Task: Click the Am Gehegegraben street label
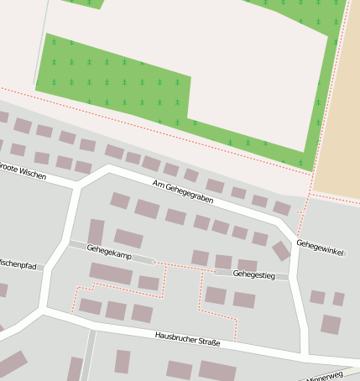tap(183, 192)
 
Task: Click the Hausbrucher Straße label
tap(187, 338)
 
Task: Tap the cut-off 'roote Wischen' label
tap(23, 170)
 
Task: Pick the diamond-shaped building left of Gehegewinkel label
tap(281, 251)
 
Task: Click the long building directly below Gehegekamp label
tap(111, 274)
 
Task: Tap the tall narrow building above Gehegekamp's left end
tap(96, 231)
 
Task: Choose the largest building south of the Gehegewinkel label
tap(331, 324)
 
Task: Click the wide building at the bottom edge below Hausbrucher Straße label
tap(217, 371)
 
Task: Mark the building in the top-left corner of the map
tap(3, 117)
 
